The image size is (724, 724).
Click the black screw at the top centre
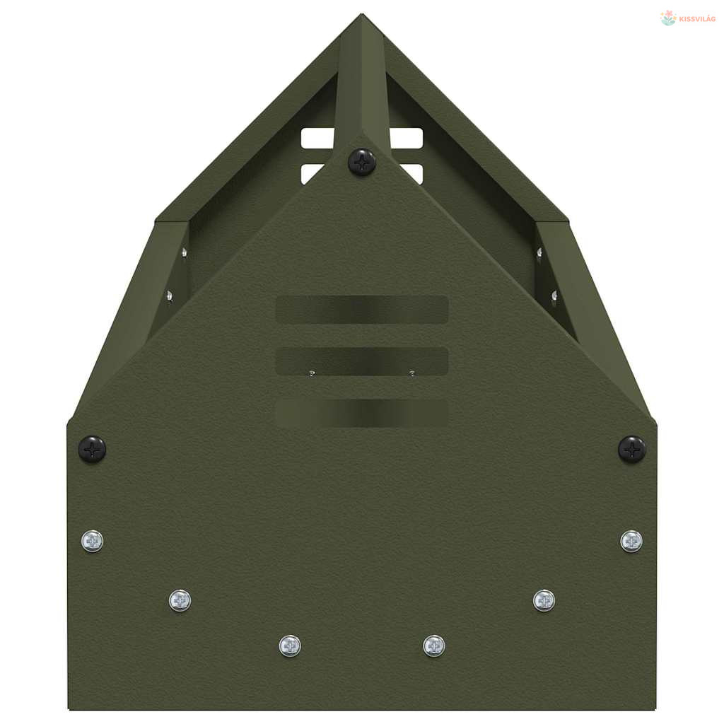[x=361, y=162]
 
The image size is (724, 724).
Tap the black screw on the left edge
[x=93, y=449]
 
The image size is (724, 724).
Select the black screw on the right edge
[x=631, y=449]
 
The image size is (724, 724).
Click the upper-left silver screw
[x=93, y=541]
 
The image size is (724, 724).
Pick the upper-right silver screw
[x=631, y=541]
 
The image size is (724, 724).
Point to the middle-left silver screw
[x=180, y=600]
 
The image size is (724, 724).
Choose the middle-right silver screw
[x=544, y=600]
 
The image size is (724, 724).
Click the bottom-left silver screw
[x=290, y=646]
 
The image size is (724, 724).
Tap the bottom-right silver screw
[x=434, y=646]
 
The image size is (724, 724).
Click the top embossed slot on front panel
[x=362, y=309]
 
